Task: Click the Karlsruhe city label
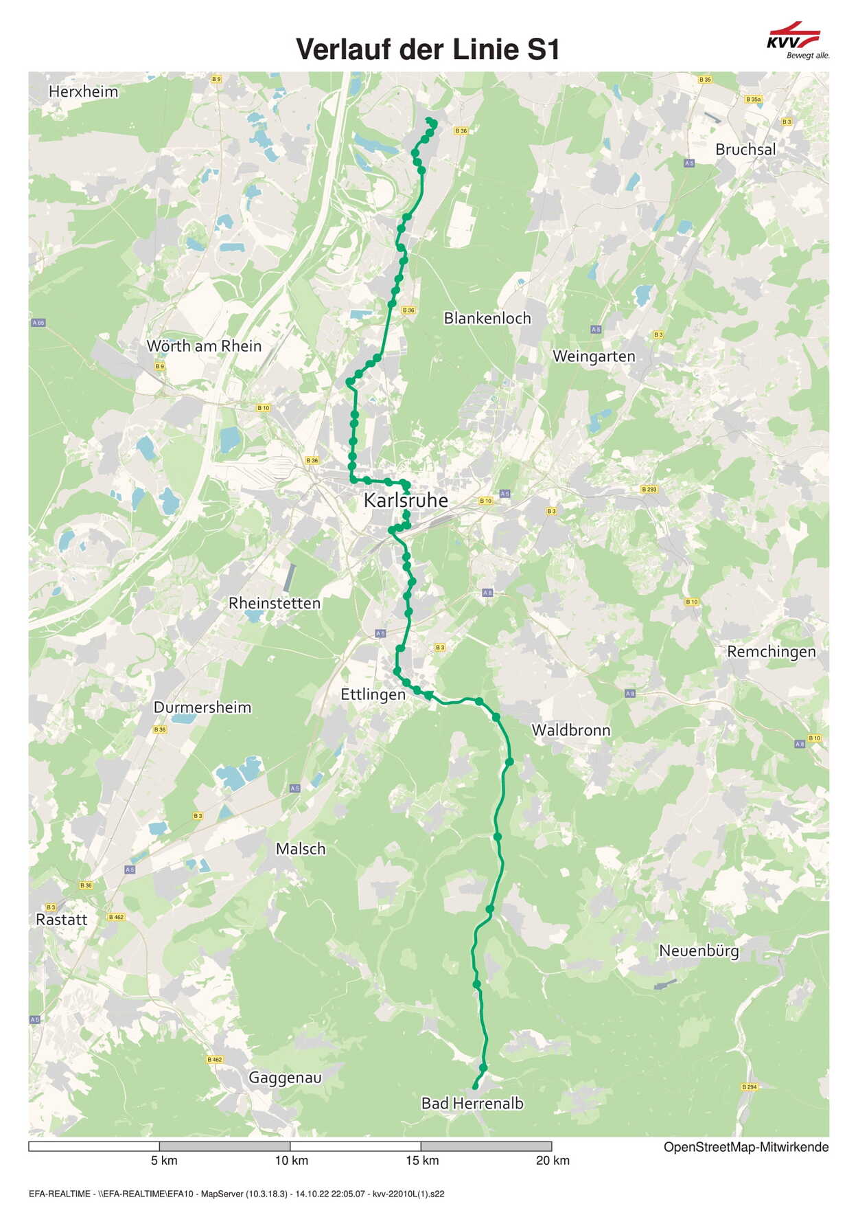click(405, 500)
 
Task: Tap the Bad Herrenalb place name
click(472, 1103)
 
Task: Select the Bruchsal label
click(745, 149)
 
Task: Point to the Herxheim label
click(83, 91)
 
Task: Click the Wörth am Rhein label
click(204, 345)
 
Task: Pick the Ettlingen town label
click(373, 694)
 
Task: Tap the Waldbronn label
click(571, 730)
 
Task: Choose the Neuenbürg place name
click(699, 951)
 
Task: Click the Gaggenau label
click(285, 1078)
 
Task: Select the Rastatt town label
click(62, 920)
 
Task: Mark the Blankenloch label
click(487, 318)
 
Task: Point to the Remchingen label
click(772, 651)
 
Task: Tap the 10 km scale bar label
click(291, 1160)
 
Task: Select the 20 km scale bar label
click(552, 1160)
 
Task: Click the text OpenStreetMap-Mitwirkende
click(745, 1147)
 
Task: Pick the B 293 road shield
click(649, 489)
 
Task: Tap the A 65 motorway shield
click(38, 322)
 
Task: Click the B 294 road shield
click(749, 1087)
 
